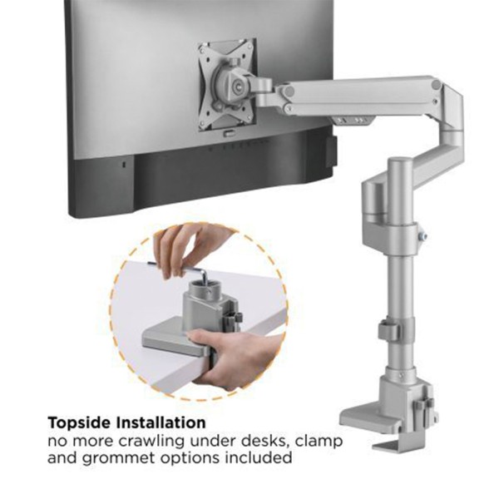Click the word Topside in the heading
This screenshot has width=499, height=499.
79,423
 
